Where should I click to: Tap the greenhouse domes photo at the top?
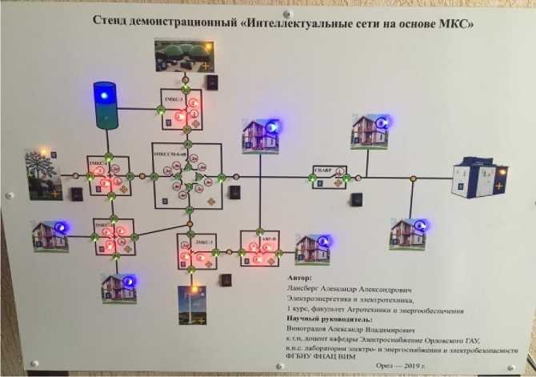coord(184,56)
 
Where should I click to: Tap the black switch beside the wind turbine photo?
coord(227,280)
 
